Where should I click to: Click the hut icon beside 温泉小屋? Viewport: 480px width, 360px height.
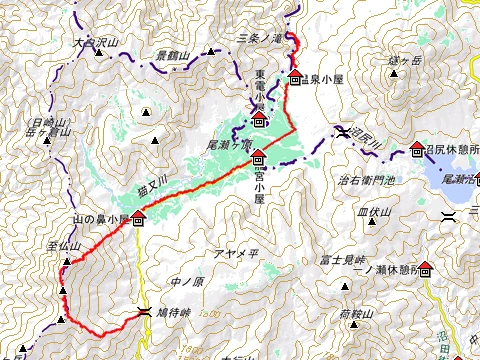(295, 78)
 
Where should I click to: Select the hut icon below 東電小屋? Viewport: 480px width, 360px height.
(259, 121)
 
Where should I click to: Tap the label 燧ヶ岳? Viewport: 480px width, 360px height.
(405, 60)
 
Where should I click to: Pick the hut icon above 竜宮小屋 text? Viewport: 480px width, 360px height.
(258, 157)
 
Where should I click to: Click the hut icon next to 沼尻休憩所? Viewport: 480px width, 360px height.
(416, 150)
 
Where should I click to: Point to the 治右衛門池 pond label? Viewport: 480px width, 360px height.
(368, 180)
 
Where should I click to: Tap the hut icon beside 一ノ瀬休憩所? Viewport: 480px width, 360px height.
(425, 268)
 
